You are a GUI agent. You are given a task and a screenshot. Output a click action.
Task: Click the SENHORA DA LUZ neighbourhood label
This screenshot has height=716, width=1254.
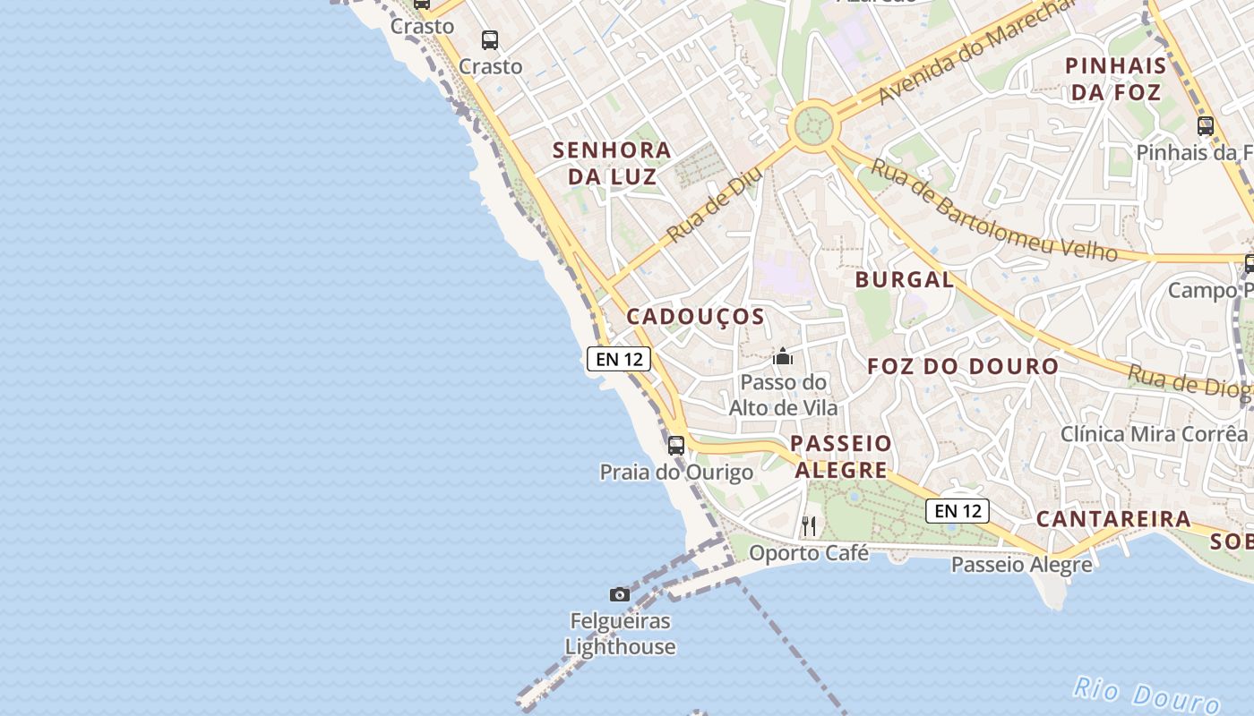[612, 163]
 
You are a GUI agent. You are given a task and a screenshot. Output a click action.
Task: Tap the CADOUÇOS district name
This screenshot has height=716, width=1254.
[695, 316]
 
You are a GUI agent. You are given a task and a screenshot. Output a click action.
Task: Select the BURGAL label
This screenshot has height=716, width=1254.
[905, 279]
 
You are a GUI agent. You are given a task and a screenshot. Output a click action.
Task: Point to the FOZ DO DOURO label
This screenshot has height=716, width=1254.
[963, 366]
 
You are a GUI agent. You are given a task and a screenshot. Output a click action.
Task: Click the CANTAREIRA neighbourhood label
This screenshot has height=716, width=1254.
[1113, 519]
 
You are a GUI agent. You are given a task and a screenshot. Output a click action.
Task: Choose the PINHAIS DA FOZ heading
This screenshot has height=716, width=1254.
[1116, 79]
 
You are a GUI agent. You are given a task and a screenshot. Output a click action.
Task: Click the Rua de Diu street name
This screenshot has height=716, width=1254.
[714, 205]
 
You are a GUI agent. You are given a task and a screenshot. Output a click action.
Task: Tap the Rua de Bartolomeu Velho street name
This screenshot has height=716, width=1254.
[993, 211]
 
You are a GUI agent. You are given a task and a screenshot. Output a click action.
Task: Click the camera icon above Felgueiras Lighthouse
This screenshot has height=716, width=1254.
[619, 594]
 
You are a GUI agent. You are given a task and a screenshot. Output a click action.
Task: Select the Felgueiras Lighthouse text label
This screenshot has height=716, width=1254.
[620, 634]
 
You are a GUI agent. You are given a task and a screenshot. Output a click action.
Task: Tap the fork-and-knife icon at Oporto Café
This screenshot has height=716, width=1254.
[809, 525]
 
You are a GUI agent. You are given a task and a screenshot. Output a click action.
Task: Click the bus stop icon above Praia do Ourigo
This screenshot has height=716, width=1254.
[676, 445]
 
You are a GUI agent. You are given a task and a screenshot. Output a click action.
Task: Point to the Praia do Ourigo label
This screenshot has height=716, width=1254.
[676, 472]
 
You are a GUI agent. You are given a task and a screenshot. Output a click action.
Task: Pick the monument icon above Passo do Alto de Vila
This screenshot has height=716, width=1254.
[783, 357]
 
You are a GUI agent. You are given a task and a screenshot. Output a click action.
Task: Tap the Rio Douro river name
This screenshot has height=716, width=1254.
[1147, 694]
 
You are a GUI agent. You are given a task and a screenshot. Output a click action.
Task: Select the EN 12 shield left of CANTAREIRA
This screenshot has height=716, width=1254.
[958, 511]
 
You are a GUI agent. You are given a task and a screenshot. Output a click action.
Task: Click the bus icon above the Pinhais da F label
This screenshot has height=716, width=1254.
[1206, 125]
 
